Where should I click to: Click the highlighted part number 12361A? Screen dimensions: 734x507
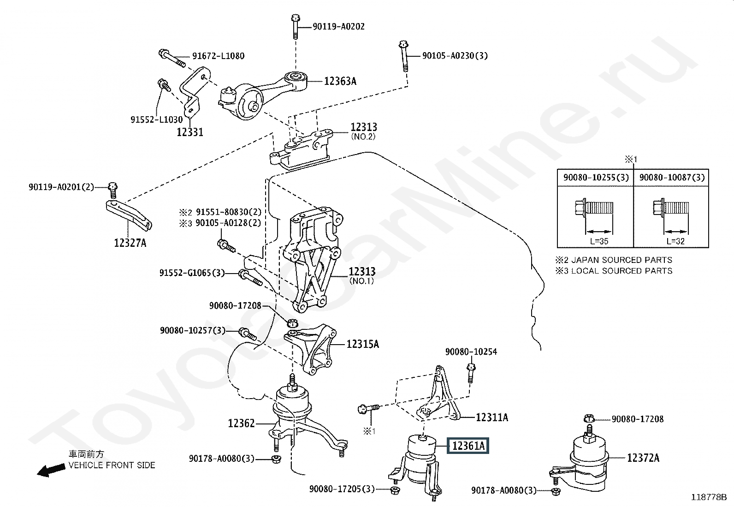(x=468, y=446)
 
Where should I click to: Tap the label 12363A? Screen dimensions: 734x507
(x=340, y=81)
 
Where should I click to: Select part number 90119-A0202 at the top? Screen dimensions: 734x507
(x=338, y=26)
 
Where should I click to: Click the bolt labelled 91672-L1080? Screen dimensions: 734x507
(x=172, y=59)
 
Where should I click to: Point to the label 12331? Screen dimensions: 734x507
(x=190, y=132)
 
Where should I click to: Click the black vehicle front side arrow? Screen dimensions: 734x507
(x=51, y=470)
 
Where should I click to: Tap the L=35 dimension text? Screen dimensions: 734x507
(x=599, y=241)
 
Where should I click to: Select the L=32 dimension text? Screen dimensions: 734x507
(x=675, y=241)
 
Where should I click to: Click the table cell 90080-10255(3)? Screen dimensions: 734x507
(x=596, y=178)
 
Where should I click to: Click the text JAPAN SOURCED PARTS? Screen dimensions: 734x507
(x=622, y=260)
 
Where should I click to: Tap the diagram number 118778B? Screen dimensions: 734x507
(x=709, y=497)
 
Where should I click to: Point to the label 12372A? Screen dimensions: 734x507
(x=643, y=458)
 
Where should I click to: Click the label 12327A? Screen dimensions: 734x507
(x=130, y=243)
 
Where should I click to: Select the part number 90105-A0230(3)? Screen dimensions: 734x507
(x=455, y=56)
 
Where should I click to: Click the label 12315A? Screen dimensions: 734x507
(x=363, y=344)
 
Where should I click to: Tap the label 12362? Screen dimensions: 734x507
(x=241, y=423)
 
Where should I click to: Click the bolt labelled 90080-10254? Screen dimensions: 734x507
(x=471, y=373)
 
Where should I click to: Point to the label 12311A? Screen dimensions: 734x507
(x=492, y=418)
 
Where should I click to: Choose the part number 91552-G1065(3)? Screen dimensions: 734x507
(x=192, y=273)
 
